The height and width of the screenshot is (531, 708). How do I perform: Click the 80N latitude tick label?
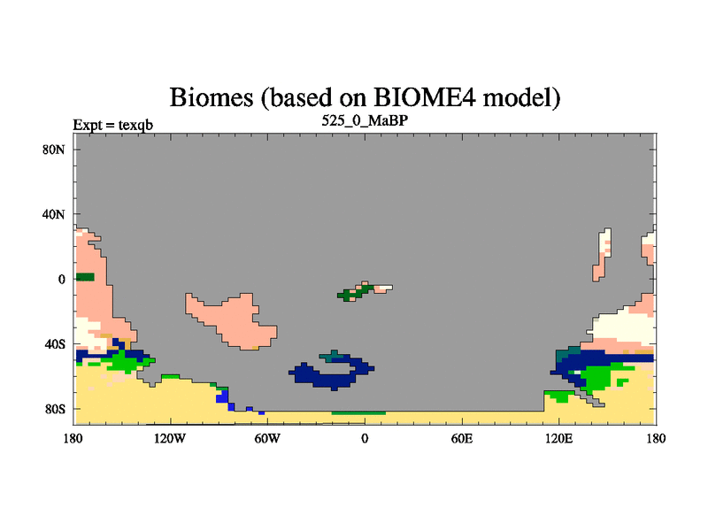pyautogui.click(x=53, y=150)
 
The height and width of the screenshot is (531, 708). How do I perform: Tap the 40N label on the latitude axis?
pyautogui.click(x=53, y=214)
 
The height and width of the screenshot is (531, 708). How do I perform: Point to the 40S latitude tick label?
pyautogui.click(x=55, y=344)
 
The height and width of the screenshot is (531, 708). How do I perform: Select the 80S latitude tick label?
pyautogui.click(x=55, y=409)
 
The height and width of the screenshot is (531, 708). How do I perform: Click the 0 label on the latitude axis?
pyautogui.click(x=61, y=280)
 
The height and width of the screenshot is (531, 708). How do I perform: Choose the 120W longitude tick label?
pyautogui.click(x=170, y=438)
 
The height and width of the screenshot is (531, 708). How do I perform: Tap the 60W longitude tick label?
pyautogui.click(x=267, y=438)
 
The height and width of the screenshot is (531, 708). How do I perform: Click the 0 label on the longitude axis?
pyautogui.click(x=365, y=438)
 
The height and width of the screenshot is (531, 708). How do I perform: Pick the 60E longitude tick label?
pyautogui.click(x=462, y=438)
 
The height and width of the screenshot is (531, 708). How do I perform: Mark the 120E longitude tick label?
pyautogui.click(x=559, y=438)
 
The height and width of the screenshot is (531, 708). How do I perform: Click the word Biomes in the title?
pyautogui.click(x=212, y=97)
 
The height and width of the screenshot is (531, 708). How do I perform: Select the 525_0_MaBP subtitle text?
pyautogui.click(x=365, y=121)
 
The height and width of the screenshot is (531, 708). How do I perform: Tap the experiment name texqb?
pyautogui.click(x=135, y=125)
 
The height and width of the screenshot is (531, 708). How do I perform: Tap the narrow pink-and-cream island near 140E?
pyautogui.click(x=602, y=256)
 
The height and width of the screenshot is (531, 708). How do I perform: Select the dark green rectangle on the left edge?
pyautogui.click(x=85, y=277)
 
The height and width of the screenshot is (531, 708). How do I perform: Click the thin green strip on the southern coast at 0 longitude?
pyautogui.click(x=358, y=412)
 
